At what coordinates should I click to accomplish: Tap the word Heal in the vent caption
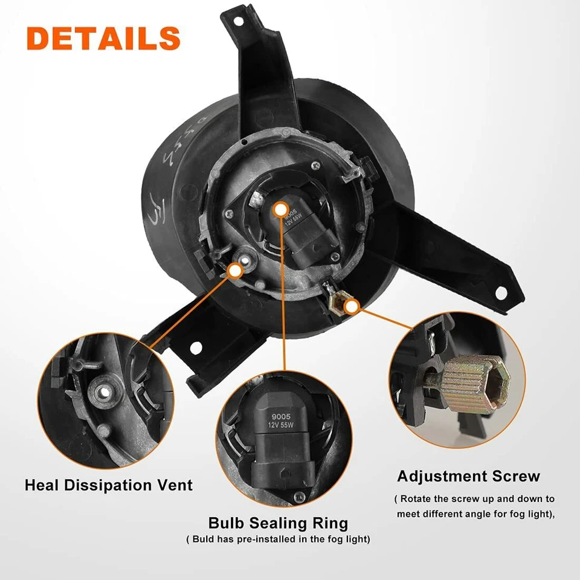tap(45, 485)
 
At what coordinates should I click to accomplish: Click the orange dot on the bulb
tap(280, 209)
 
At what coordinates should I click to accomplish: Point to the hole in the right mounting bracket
tap(500, 292)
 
